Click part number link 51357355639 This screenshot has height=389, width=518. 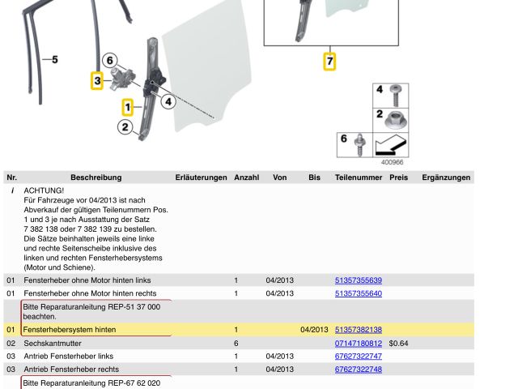[358, 280]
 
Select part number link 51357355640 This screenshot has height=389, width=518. [358, 293]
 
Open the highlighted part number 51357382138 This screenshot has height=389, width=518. [358, 330]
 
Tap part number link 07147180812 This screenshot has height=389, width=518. [358, 344]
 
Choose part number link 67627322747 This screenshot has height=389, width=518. [358, 357]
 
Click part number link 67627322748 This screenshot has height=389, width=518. [358, 370]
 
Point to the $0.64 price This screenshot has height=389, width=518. [398, 344]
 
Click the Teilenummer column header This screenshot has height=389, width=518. [358, 177]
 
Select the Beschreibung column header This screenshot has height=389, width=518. [96, 177]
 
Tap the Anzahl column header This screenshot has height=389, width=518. [246, 177]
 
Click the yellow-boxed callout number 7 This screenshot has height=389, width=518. [329, 61]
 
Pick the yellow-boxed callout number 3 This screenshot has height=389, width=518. [97, 80]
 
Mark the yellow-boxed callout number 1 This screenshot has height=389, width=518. [127, 106]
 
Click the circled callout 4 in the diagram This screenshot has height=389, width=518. [168, 101]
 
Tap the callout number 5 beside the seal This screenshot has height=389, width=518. [54, 59]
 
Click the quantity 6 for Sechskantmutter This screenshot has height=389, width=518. [236, 344]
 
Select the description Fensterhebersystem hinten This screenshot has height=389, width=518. [70, 330]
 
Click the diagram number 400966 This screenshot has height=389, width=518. [392, 162]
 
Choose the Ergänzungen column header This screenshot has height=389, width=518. [446, 177]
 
